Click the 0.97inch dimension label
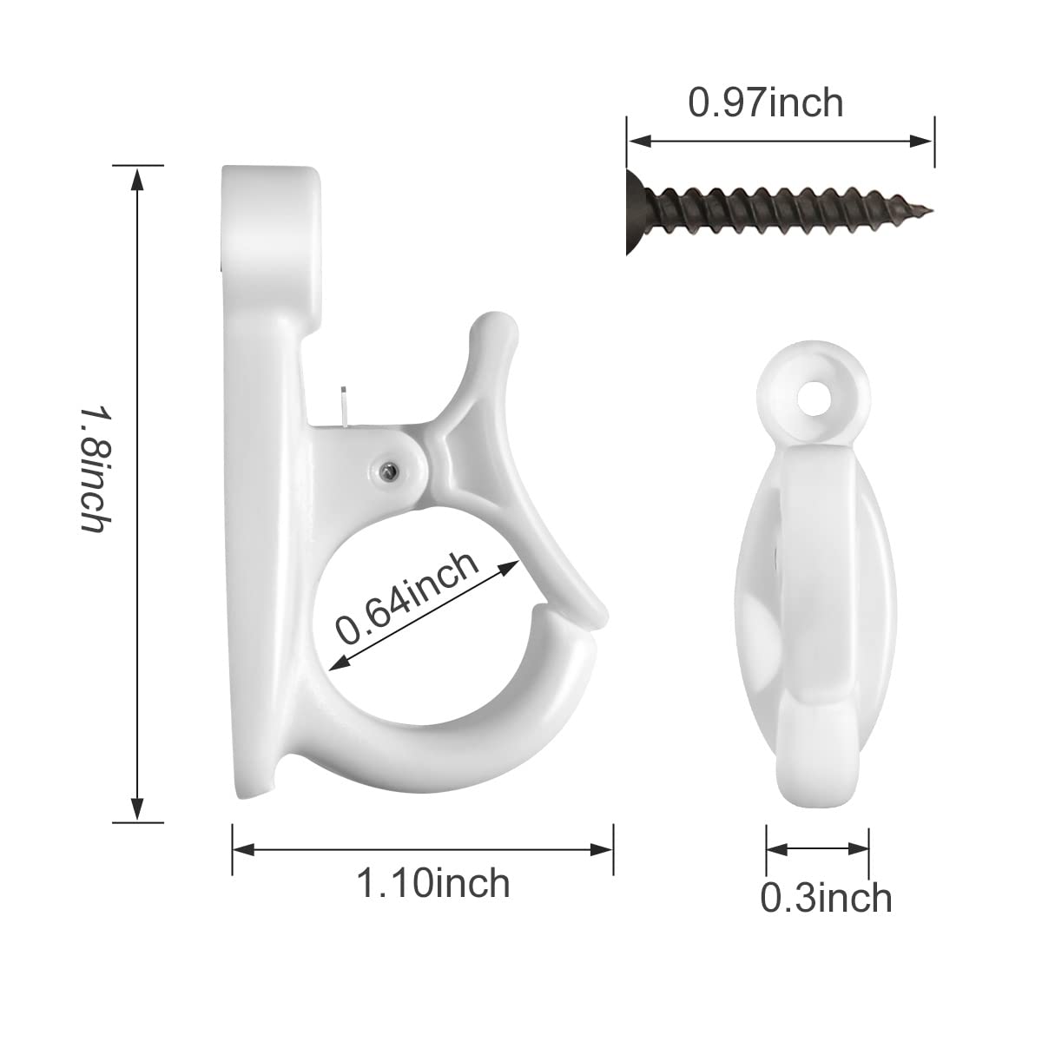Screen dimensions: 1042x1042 click(x=765, y=103)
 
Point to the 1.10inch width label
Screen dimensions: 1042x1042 click(x=432, y=883)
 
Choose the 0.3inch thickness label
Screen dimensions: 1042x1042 click(x=826, y=898)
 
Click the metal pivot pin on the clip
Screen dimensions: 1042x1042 click(x=391, y=470)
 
